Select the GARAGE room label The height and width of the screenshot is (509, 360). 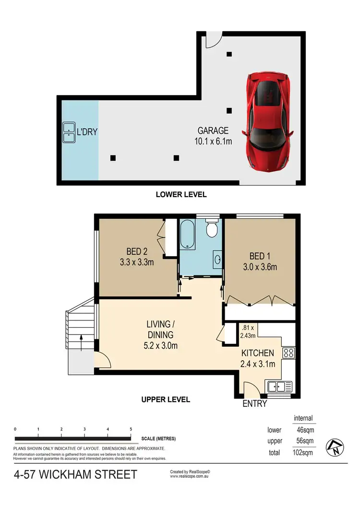click(213, 130)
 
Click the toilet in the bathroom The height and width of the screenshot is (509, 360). click(211, 229)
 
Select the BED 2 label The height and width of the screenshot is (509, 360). click(137, 251)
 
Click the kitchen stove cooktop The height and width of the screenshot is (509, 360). click(289, 353)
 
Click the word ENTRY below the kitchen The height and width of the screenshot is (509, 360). click(254, 404)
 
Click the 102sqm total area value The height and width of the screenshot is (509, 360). click(304, 451)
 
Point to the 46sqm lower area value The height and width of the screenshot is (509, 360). click(305, 429)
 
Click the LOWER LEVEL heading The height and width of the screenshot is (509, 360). click(181, 194)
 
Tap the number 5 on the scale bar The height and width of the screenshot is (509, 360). click(131, 429)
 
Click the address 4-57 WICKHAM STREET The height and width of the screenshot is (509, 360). click(75, 475)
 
